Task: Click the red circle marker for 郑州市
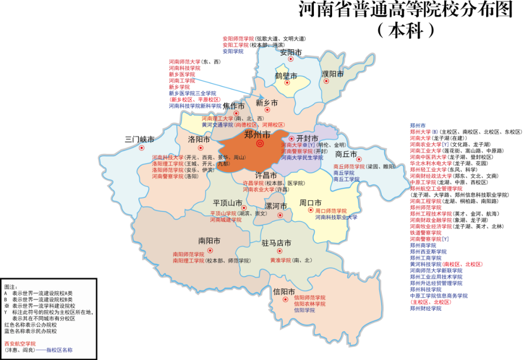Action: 260,144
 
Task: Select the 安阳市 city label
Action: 291,52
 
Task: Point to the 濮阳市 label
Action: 332,74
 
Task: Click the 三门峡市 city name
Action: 139,140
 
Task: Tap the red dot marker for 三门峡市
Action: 141,148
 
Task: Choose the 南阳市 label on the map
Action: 209,241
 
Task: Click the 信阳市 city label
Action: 284,292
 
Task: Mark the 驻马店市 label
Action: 277,243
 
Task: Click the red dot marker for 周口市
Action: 310,210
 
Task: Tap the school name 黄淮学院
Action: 280,260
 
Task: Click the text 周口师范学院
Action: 331,211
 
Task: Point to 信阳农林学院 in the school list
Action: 309,304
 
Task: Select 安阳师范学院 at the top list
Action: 238,39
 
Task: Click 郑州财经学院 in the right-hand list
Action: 426,308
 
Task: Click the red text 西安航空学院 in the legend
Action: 20,344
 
